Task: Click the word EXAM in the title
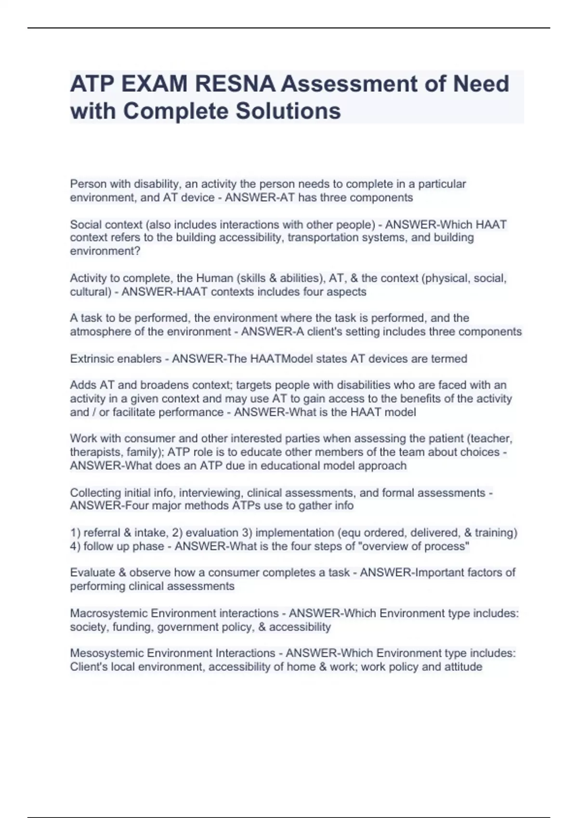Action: pos(155,84)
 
